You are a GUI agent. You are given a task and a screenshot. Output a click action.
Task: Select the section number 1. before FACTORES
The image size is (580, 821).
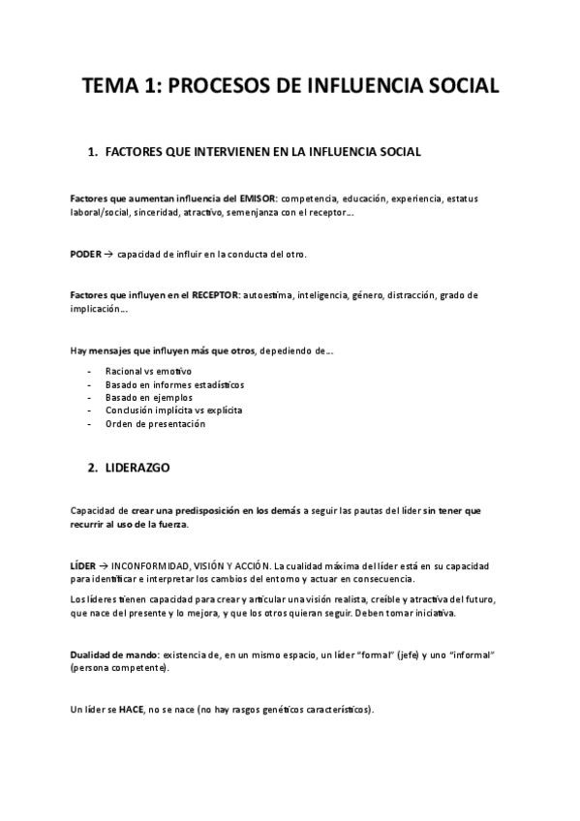(x=93, y=152)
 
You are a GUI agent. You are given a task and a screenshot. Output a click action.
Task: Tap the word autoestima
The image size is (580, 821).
(x=268, y=294)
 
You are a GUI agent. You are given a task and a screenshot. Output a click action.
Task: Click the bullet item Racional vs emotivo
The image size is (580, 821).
(x=149, y=371)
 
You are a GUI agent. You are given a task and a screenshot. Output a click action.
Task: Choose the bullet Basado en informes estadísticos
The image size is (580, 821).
(x=174, y=384)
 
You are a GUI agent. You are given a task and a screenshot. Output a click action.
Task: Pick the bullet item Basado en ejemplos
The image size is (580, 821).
(x=148, y=397)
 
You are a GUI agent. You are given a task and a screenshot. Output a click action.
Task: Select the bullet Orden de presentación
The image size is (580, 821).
(x=155, y=423)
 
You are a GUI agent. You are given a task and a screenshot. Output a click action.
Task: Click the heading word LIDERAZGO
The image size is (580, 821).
(x=136, y=468)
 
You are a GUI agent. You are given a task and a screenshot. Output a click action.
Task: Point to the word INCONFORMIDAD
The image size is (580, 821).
(x=155, y=565)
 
